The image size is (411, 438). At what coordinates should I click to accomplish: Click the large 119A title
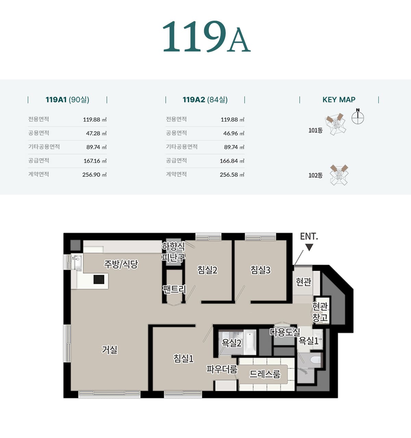[206, 37]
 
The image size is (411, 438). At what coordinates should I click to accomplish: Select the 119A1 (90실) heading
[67, 100]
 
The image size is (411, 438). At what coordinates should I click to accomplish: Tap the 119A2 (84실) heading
[205, 100]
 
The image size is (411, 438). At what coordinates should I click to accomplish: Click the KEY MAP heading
[339, 100]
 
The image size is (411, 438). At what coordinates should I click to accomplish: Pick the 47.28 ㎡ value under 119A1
[96, 134]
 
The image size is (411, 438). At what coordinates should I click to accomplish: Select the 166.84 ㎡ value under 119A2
[232, 161]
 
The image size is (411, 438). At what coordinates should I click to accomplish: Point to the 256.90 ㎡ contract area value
[95, 175]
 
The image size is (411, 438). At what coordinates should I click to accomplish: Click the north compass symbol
[358, 116]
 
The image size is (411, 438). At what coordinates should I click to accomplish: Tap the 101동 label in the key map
[315, 130]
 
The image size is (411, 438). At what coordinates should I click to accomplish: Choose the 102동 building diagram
[339, 175]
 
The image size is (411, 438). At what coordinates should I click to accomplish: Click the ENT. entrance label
[309, 236]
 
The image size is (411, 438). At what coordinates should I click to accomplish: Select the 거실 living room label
[110, 350]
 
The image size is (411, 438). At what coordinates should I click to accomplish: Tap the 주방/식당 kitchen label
[121, 264]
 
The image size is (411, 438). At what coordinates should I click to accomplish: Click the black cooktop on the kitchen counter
[99, 279]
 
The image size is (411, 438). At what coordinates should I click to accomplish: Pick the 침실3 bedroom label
[260, 270]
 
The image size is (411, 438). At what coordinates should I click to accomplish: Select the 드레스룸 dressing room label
[265, 374]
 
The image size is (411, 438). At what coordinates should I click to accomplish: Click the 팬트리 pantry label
[174, 289]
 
